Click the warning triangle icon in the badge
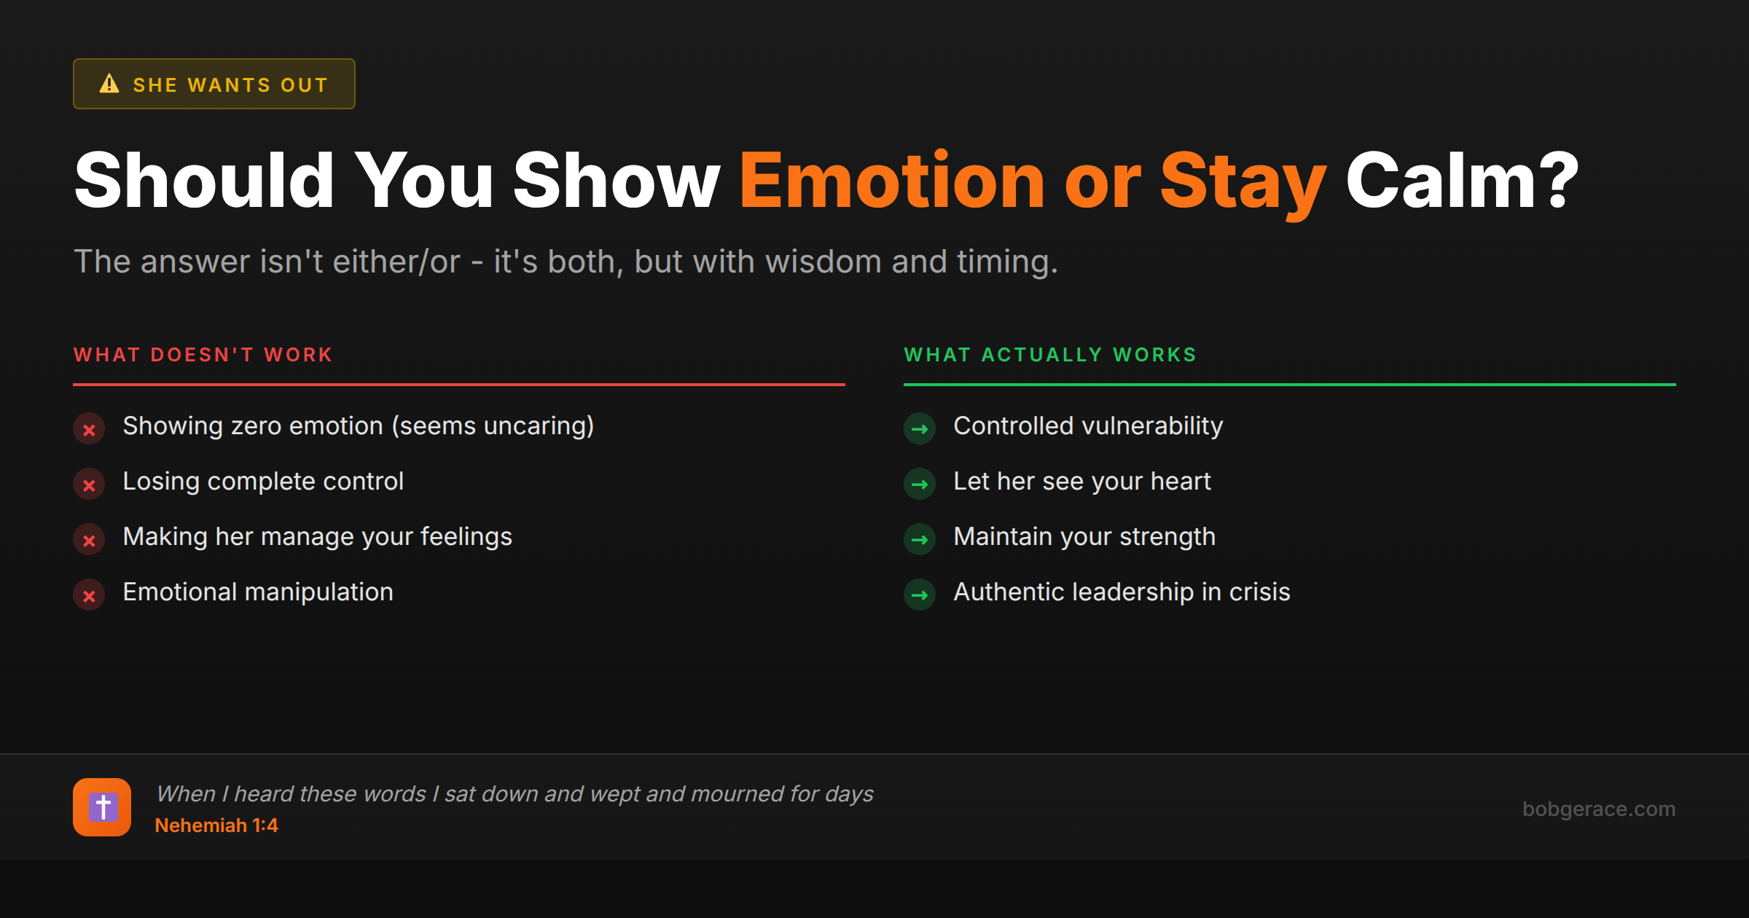(x=109, y=84)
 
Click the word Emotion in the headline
(x=893, y=181)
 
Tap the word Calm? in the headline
(x=1461, y=181)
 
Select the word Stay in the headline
(x=1243, y=181)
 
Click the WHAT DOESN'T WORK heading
(x=203, y=355)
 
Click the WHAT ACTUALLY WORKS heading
(x=1050, y=355)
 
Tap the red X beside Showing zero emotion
(x=89, y=429)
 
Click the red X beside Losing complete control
(x=89, y=484)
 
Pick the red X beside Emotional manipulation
(x=89, y=595)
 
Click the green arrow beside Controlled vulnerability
(x=920, y=429)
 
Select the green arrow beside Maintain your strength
(x=920, y=540)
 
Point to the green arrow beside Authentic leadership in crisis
(x=920, y=595)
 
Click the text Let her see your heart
(x=1082, y=482)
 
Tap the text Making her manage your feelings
(x=318, y=537)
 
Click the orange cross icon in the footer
(x=102, y=807)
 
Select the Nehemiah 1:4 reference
(x=216, y=825)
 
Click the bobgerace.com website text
(x=1599, y=809)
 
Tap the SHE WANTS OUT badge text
(x=230, y=85)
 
